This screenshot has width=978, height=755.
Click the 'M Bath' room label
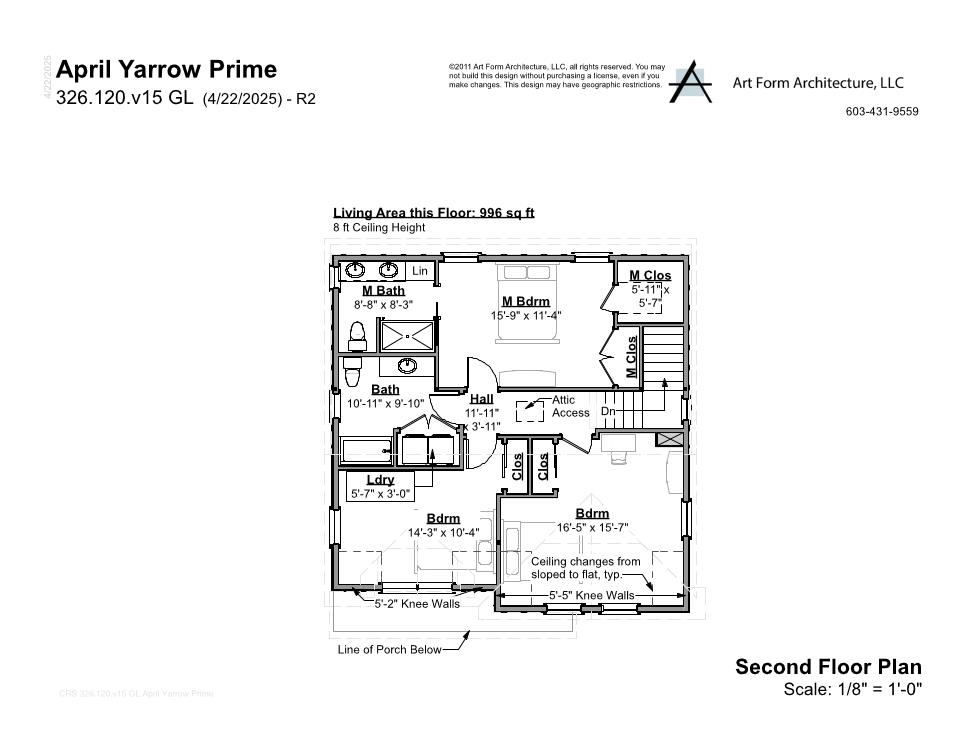point(383,290)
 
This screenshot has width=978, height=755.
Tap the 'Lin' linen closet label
point(420,271)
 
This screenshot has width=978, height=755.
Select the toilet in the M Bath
point(357,334)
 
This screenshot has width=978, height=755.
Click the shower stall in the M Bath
point(407,335)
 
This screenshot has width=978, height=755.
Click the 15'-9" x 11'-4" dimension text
point(526,315)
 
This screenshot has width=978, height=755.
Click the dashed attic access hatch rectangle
point(529,410)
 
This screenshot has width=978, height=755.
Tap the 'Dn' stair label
point(607,411)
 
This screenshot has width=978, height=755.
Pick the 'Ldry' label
point(380,480)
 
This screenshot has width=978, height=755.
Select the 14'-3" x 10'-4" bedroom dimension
point(443,533)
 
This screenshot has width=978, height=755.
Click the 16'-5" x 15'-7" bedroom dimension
point(592,527)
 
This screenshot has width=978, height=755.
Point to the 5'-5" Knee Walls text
point(591,595)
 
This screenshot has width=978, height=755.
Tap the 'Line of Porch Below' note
point(389,650)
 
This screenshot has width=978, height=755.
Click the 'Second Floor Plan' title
point(828,667)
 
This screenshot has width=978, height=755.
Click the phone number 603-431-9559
point(882,112)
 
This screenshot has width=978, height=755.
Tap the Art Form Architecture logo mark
point(690,82)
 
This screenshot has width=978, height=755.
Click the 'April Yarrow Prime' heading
point(167,69)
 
